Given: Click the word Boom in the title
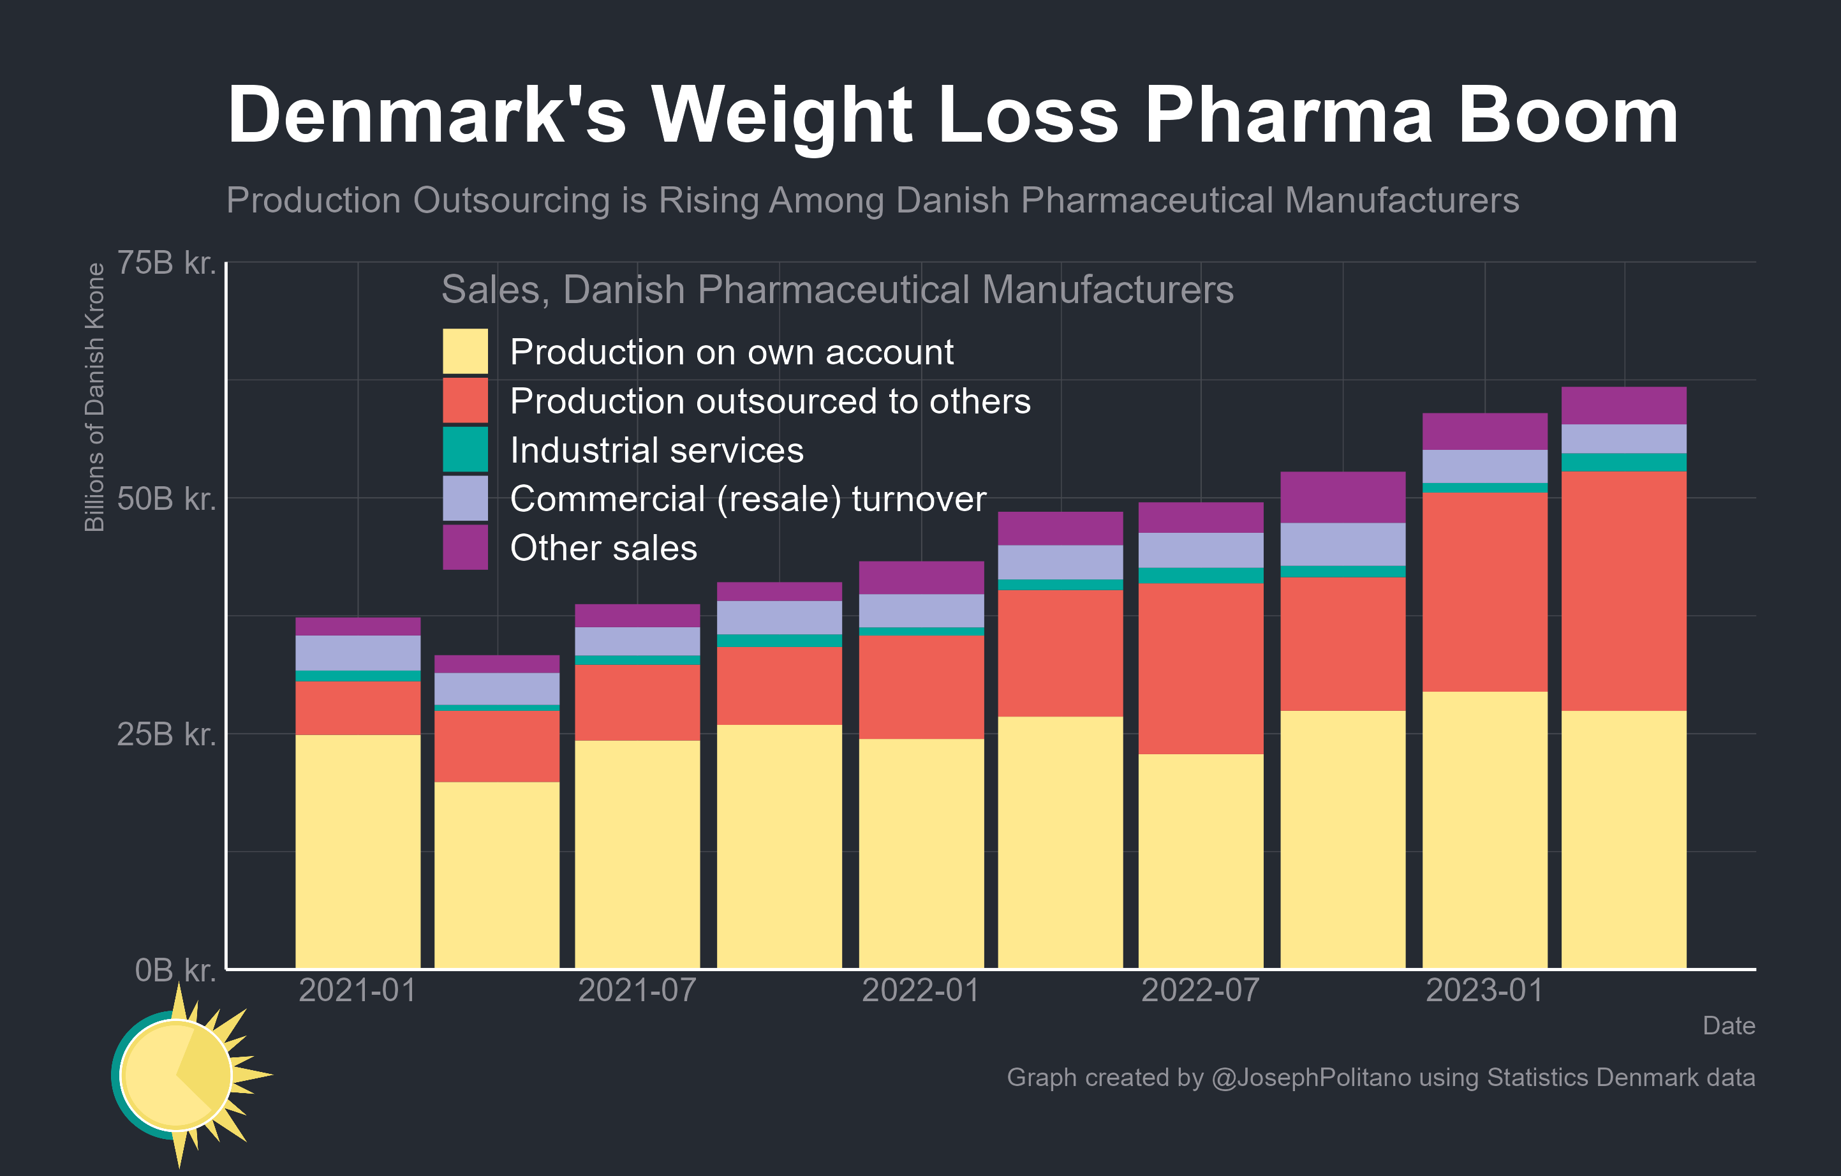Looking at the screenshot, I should click(1567, 116).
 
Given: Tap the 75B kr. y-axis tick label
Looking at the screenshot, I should click(166, 263).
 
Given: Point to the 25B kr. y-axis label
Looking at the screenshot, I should click(166, 734).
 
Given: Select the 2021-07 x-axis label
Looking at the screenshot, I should click(637, 990).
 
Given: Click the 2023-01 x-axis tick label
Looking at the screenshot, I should click(1484, 990).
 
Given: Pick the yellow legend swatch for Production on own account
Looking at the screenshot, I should click(465, 352).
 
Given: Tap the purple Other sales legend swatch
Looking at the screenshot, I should click(465, 547).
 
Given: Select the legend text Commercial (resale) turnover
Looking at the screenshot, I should click(748, 499).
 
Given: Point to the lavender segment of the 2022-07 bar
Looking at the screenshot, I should click(1201, 550).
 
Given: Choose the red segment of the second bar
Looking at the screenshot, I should click(497, 747).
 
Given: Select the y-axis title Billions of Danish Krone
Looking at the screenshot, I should click(94, 398).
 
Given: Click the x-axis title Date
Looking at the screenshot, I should click(1728, 1025).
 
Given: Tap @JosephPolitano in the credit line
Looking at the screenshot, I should click(1310, 1077).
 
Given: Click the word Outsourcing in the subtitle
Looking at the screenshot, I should click(512, 200).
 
